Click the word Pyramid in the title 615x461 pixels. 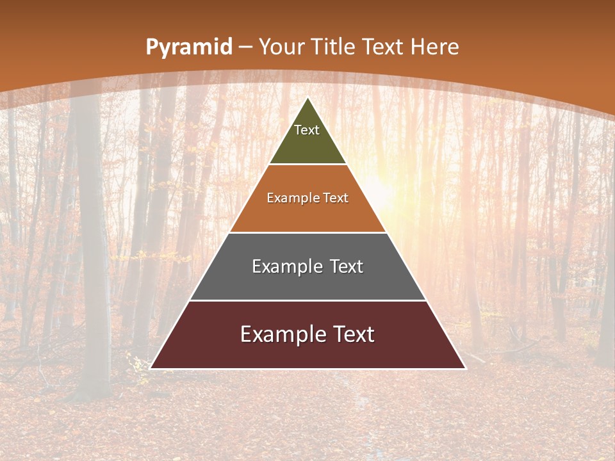[188, 47]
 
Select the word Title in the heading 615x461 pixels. [334, 47]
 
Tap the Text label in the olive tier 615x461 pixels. [307, 130]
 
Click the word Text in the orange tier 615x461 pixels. [336, 198]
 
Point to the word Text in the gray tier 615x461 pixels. [347, 266]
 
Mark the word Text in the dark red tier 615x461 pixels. [354, 334]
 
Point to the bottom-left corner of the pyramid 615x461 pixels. [151, 368]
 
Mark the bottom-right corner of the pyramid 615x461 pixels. [464, 368]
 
